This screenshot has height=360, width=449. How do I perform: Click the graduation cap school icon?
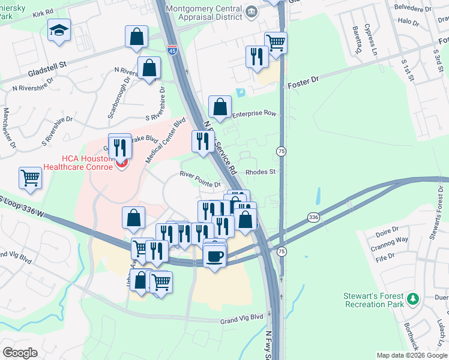pos(59,31)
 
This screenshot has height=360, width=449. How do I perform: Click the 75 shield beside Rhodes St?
pos(280,152)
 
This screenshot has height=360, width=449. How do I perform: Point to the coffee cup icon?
pos(214,257)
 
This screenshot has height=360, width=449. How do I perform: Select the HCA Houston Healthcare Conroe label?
pos(78,162)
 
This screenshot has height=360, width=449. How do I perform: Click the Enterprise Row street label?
pos(254,113)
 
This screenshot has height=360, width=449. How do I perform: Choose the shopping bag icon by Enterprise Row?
pos(220,107)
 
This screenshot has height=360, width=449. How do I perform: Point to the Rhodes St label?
pos(260,172)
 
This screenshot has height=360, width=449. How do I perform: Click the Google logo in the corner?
pos(20,353)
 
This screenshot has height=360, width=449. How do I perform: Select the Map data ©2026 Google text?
pos(412,355)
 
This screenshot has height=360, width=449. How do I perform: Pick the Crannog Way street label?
pos(392,239)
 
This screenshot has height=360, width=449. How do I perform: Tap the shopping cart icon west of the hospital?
pos(30,177)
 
